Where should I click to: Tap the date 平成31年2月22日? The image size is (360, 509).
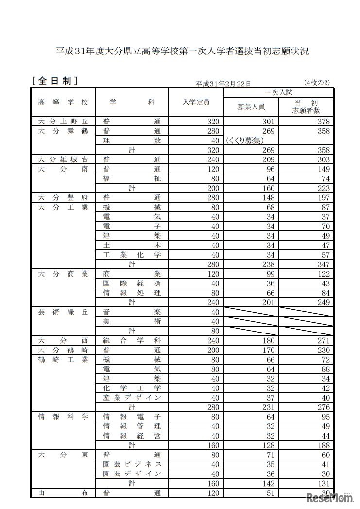coord(223,84)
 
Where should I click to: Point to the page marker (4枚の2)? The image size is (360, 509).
coord(317,83)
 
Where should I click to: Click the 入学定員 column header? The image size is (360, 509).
coord(196,102)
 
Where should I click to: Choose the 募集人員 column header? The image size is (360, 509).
coord(251,106)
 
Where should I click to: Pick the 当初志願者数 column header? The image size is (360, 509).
coord(306,106)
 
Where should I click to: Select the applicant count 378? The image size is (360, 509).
coord(322,122)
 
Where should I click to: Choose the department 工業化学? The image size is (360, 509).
coord(132,254)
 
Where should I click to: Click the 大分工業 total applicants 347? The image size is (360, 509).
coord(322,264)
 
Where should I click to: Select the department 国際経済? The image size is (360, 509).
coord(132,283)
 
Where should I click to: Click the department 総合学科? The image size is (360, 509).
coord(132,340)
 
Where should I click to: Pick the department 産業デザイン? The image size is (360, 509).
coord(132,397)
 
